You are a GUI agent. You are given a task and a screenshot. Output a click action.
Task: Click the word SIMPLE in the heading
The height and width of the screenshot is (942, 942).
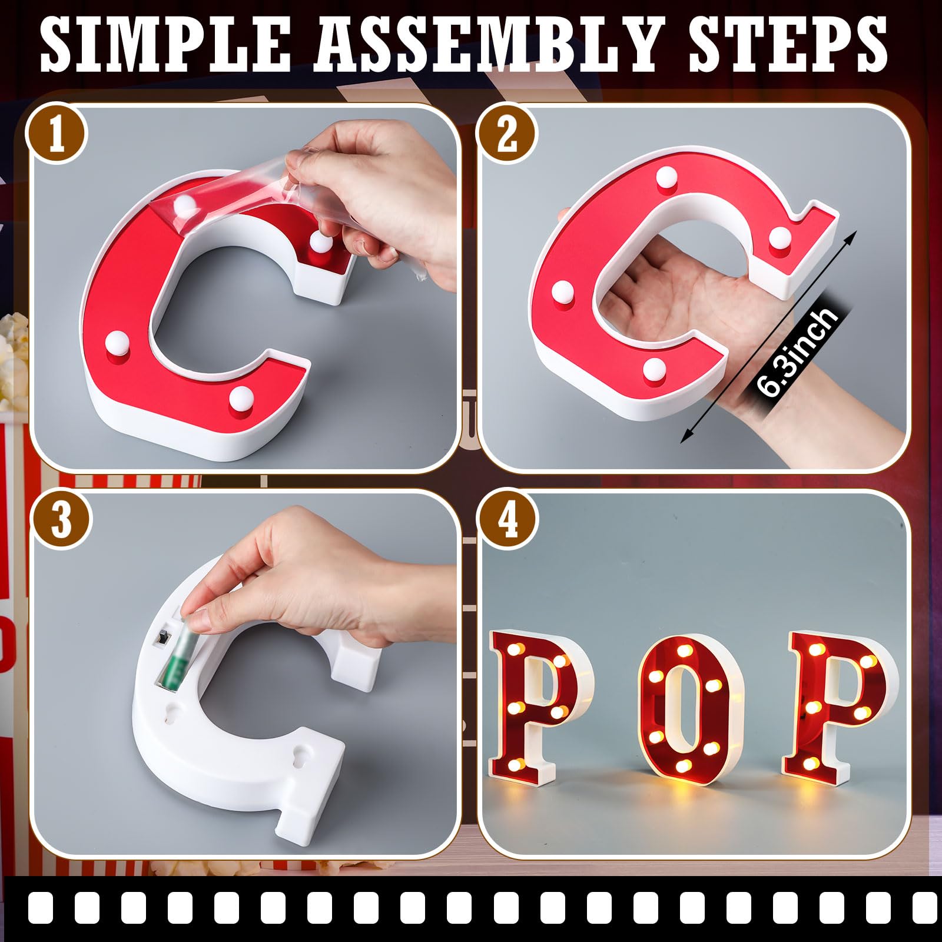165,44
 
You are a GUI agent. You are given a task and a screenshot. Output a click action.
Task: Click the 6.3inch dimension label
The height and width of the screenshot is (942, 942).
797,352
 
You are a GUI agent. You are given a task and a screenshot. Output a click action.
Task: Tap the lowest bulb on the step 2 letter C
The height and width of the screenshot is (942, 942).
654,369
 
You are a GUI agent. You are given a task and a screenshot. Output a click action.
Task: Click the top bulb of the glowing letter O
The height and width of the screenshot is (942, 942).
685,651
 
